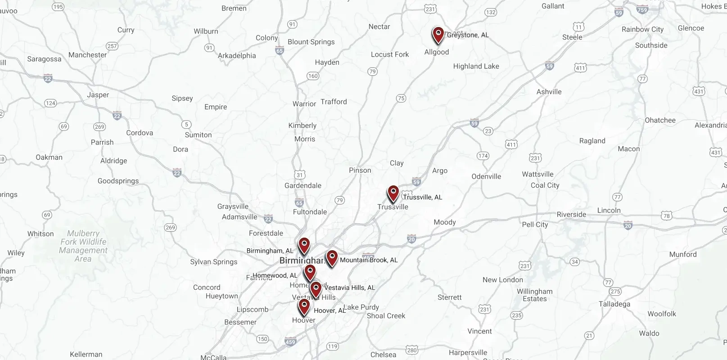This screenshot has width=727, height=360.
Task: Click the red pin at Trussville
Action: pos(393,193)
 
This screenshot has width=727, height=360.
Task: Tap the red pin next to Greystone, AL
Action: pos(438,35)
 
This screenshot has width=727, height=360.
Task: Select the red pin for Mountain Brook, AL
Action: pos(332,258)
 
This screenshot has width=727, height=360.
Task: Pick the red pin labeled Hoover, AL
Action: pos(304,307)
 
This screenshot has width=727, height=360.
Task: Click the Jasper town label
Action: pos(98,95)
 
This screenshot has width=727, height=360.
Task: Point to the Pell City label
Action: pos(535,225)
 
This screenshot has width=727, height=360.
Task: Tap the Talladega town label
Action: pos(614,304)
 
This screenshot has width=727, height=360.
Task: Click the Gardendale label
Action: pos(303,185)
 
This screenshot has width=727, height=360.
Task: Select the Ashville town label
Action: pos(549,92)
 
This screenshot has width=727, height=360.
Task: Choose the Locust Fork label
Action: pos(390,54)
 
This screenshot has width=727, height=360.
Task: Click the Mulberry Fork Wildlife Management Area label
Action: pos(83,246)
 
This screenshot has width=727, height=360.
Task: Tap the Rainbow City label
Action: pos(642,29)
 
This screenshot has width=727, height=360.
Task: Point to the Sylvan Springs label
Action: pos(213,262)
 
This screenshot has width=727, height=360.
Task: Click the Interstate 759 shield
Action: pos(642,9)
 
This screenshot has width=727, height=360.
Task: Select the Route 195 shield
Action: pos(58,7)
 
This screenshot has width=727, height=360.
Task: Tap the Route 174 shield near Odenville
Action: pos(483,156)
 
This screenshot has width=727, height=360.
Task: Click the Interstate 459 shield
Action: pos(290,342)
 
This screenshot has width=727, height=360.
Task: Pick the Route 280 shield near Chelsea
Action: pos(411,350)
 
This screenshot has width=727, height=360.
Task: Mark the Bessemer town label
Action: pos(240,322)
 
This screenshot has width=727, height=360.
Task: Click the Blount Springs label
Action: pos(311,42)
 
